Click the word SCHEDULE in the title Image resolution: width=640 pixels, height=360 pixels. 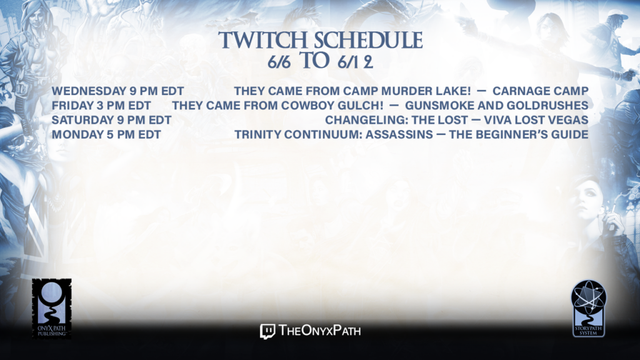(368, 40)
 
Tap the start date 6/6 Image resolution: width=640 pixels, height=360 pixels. (279, 62)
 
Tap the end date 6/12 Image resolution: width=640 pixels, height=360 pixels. (355, 62)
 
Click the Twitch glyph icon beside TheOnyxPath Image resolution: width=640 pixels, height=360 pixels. (267, 331)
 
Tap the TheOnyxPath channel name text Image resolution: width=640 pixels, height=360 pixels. (320, 331)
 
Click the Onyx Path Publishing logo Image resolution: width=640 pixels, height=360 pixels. (52, 309)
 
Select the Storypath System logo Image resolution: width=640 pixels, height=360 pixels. (589, 309)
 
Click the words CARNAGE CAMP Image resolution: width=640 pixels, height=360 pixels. (541, 91)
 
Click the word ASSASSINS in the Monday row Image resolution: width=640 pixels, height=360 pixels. (399, 135)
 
